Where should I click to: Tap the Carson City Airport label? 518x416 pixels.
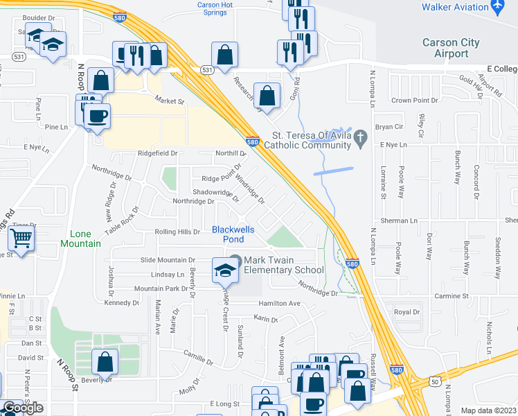(x=451, y=48)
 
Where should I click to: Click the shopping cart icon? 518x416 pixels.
(x=21, y=240)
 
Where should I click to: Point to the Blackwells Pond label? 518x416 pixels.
(x=228, y=234)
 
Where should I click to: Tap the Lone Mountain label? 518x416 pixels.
(x=85, y=239)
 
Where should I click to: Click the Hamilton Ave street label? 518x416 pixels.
(x=279, y=304)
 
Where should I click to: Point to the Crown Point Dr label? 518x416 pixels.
(x=416, y=101)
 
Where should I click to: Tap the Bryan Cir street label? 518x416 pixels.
(x=388, y=127)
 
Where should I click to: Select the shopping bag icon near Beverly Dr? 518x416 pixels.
(x=105, y=361)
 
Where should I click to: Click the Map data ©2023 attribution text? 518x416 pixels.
(x=488, y=410)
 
